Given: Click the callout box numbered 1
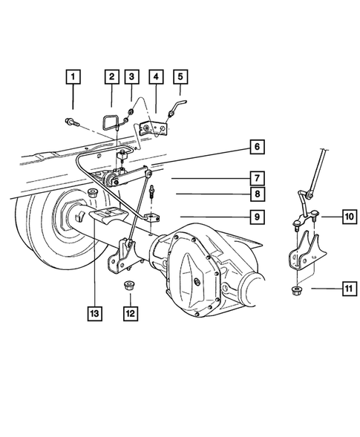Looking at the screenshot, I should point(73,76).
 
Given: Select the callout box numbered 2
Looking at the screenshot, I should point(111,76).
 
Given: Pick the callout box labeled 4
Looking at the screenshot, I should point(155,76).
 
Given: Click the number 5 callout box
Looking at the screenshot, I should point(180,76).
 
